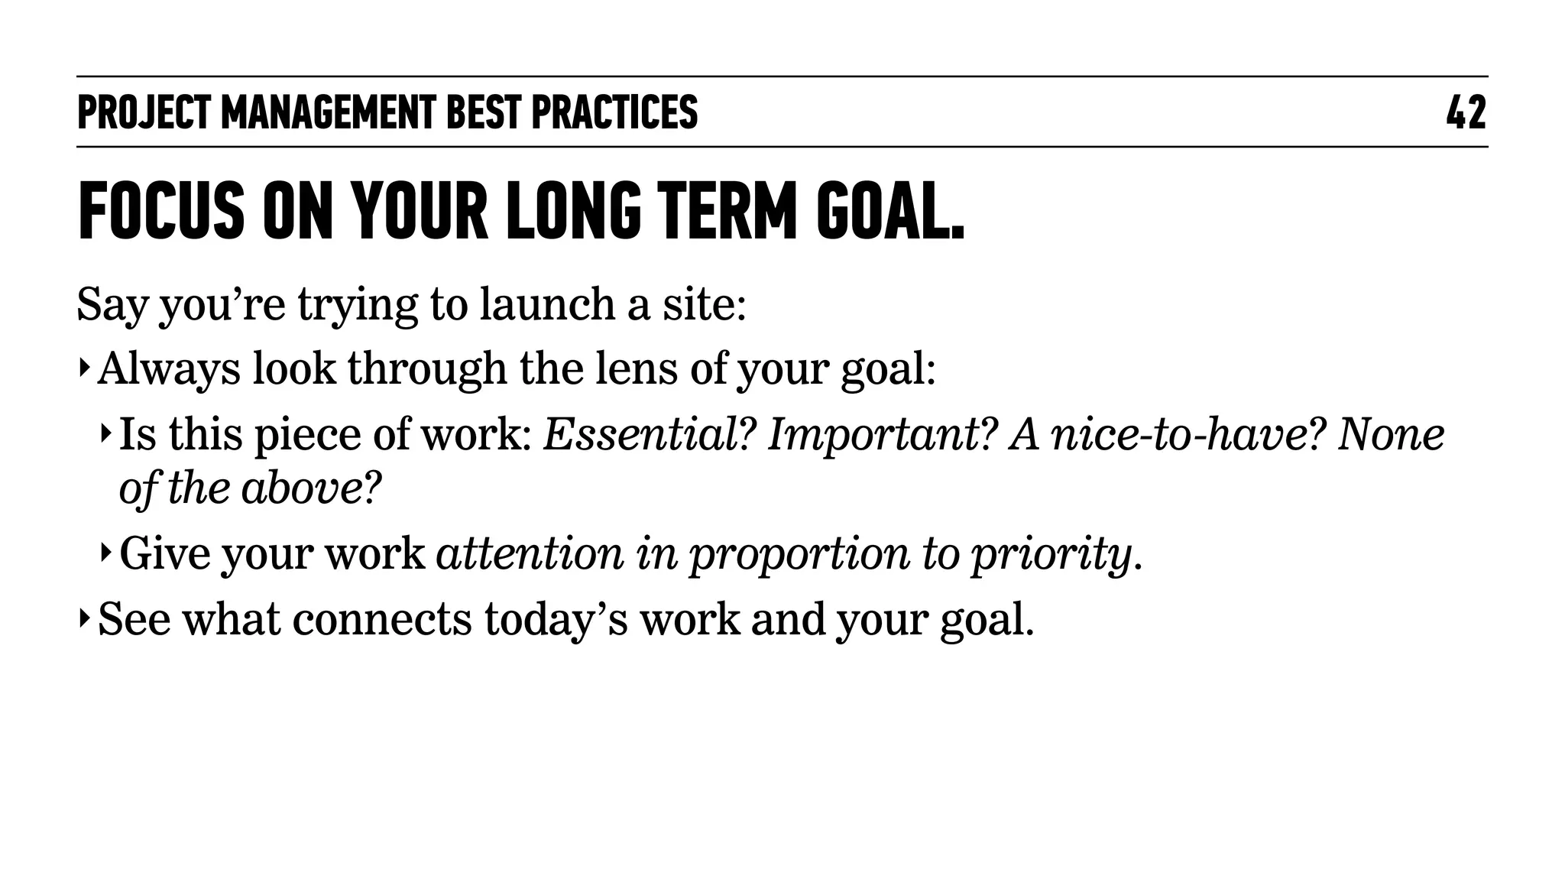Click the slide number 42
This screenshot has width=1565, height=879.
click(x=1466, y=112)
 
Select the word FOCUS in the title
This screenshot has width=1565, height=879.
click(x=161, y=211)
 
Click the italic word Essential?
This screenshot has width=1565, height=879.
click(x=649, y=434)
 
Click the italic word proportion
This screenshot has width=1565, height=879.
click(x=799, y=554)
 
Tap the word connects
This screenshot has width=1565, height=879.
click(x=382, y=618)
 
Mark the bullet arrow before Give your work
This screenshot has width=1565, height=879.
click(x=105, y=552)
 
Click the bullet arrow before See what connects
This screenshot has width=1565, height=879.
click(x=83, y=617)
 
